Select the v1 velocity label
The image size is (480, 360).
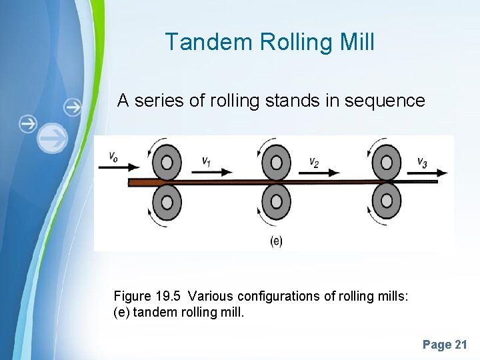(x=207, y=161)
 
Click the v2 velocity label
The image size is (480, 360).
(x=314, y=161)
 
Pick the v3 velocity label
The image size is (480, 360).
(x=423, y=161)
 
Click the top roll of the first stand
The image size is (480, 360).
(x=167, y=163)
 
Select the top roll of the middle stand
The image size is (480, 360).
(x=276, y=163)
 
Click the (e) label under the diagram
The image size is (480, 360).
(x=276, y=241)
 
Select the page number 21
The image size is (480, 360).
(x=461, y=345)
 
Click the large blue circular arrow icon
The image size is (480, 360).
(x=53, y=139)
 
